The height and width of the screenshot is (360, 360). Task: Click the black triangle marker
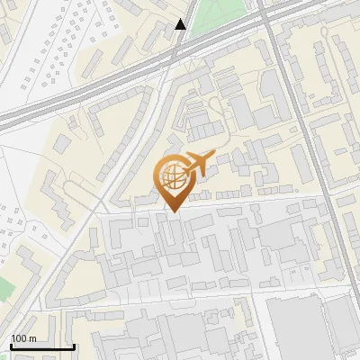pos(181,24)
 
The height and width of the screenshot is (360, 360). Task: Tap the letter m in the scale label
pos(31,338)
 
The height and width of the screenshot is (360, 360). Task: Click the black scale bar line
pos(41,346)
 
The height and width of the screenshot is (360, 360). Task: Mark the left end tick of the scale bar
pos(10,345)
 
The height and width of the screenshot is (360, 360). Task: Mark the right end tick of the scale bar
pos(74,345)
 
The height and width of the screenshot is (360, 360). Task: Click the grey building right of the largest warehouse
pos(342,324)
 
